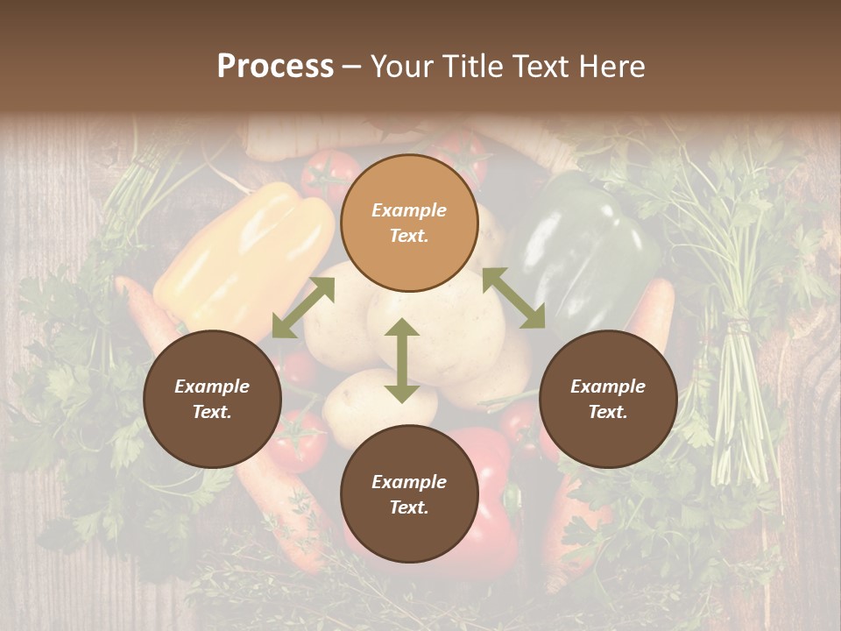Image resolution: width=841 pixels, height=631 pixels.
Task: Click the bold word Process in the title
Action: [x=275, y=67]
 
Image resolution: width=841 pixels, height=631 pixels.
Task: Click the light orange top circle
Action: [x=409, y=223]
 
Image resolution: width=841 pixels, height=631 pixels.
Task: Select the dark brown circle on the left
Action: [x=212, y=399]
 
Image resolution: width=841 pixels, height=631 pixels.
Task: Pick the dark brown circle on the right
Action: [x=608, y=399]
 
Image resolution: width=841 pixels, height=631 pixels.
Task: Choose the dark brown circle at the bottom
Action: [x=409, y=494]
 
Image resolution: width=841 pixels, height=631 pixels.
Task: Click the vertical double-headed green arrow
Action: [x=402, y=361]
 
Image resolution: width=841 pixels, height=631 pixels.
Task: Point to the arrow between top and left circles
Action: [x=303, y=307]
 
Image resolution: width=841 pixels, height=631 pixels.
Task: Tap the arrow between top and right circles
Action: [x=513, y=298]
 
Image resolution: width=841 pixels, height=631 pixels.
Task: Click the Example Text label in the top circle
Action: [x=409, y=223]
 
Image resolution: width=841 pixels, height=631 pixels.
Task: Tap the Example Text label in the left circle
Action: [x=212, y=399]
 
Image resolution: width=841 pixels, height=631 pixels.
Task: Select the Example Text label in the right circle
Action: [x=608, y=399]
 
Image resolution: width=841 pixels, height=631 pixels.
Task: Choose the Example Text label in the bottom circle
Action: [x=409, y=494]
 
